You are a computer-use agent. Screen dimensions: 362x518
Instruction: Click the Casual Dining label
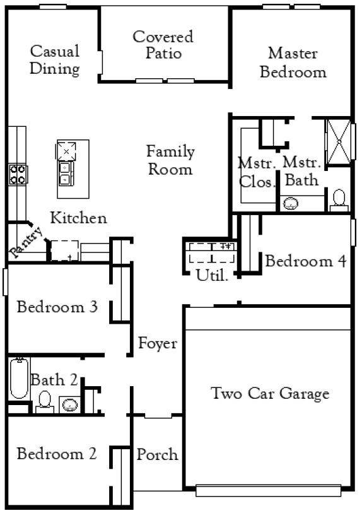(54, 60)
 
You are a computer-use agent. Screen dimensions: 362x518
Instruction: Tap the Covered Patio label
(163, 45)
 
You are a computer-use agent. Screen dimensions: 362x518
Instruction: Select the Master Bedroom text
(293, 62)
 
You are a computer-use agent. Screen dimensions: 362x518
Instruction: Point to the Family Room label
(170, 160)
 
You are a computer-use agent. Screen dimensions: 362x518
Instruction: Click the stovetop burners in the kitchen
(18, 174)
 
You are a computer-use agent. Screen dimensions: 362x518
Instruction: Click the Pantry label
(26, 242)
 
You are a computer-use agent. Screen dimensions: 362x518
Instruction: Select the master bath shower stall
(339, 141)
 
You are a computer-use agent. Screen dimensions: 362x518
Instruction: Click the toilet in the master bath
(339, 201)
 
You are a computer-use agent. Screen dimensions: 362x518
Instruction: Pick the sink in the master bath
(291, 204)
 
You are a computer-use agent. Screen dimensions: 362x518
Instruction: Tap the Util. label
(212, 275)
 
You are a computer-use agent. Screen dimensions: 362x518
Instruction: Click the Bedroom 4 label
(306, 261)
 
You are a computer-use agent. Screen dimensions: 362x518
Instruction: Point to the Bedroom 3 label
(57, 307)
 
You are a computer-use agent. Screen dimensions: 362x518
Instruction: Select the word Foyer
(158, 344)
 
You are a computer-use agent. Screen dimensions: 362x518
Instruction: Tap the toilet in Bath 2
(45, 402)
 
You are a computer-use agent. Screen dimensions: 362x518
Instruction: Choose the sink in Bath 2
(70, 404)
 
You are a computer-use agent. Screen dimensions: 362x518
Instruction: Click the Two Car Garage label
(270, 394)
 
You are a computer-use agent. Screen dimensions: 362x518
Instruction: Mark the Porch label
(157, 454)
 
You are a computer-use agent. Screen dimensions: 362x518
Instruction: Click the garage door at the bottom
(268, 491)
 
